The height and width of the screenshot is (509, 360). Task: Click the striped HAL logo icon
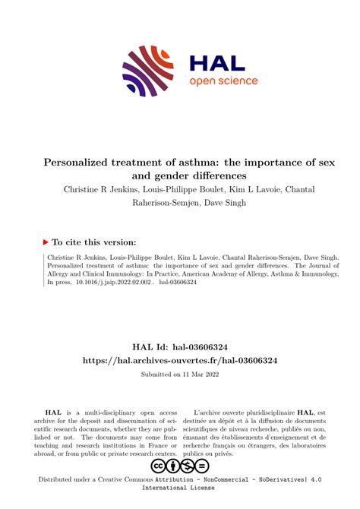point(149,71)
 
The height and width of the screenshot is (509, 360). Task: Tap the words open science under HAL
point(223,81)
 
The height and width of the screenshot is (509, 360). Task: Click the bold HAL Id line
point(180,346)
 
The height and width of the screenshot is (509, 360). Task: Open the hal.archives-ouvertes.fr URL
point(180,361)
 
